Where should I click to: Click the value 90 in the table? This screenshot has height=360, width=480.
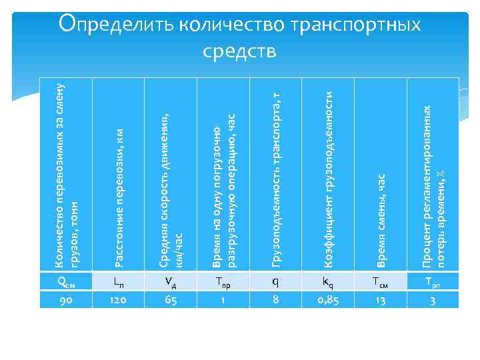point(66,300)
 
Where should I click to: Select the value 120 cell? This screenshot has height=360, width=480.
point(118,300)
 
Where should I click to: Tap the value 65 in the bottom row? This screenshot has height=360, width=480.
point(170,300)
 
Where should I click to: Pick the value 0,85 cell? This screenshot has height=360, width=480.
point(328,300)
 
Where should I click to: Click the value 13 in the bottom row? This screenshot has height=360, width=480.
point(380,300)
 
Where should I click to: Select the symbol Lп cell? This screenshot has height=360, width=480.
point(118,282)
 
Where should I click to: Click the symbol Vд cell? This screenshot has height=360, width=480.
point(170,282)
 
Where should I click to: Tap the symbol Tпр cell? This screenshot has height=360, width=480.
point(223,282)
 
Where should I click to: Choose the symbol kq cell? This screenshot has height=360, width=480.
point(328,282)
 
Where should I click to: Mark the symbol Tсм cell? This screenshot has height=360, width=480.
point(380,282)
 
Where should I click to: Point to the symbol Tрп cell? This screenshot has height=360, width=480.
point(433,282)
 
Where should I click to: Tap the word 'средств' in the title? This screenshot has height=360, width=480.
point(240,51)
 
